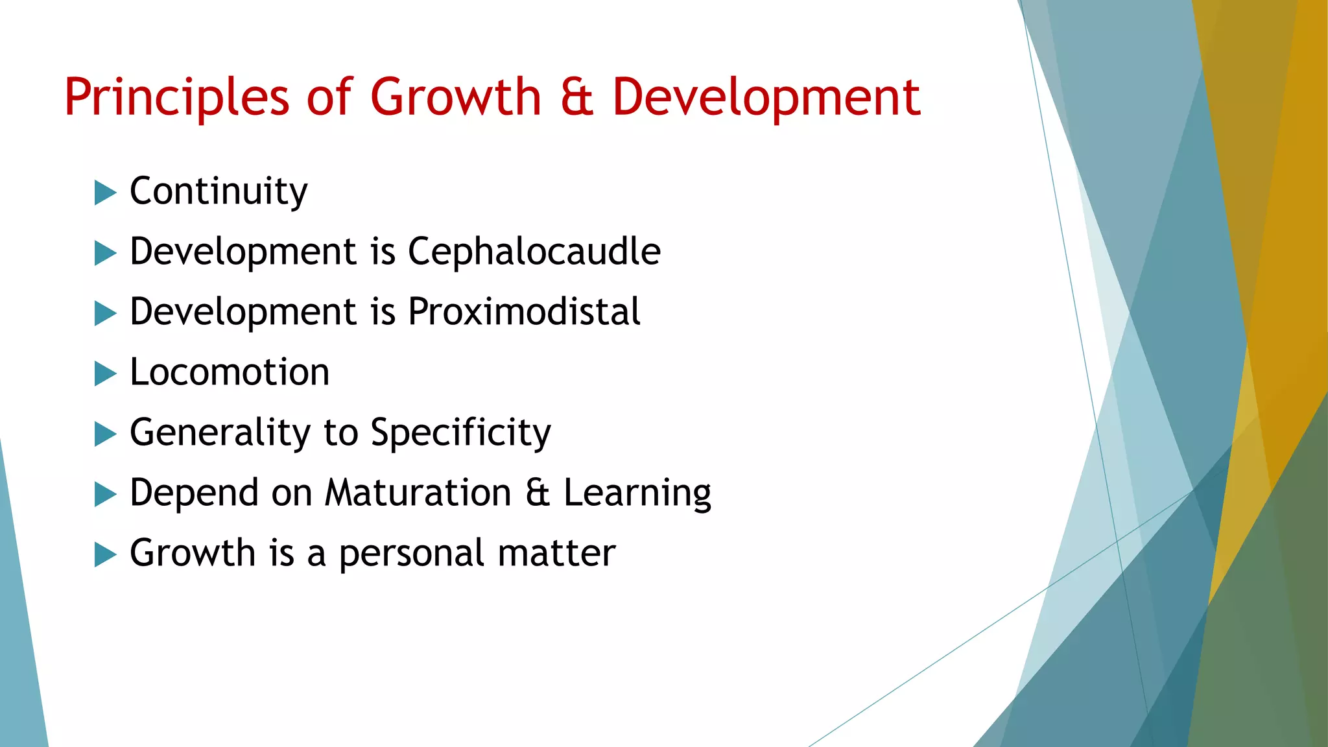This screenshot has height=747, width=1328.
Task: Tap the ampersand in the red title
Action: [576, 97]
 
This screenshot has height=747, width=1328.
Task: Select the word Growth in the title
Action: [455, 97]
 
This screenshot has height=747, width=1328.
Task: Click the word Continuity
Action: [219, 191]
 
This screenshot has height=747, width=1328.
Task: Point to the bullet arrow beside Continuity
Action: [105, 193]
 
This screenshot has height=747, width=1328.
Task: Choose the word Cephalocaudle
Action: [534, 251]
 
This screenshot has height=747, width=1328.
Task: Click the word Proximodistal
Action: [524, 312]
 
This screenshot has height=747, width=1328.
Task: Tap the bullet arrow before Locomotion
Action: [105, 373]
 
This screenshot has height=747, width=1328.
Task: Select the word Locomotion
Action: [230, 372]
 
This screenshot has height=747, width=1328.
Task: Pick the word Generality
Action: [220, 433]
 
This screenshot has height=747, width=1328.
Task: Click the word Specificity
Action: [460, 433]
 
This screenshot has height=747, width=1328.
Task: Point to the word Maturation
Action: [418, 493]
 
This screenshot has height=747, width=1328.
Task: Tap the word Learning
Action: [637, 493]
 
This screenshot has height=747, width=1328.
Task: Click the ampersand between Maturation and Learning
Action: [538, 493]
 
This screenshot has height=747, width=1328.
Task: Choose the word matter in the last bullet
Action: [556, 554]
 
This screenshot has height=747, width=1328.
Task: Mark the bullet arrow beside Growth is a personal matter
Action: [105, 554]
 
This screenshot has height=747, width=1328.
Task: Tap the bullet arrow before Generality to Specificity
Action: [105, 434]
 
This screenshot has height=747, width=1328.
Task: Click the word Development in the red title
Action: [766, 97]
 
